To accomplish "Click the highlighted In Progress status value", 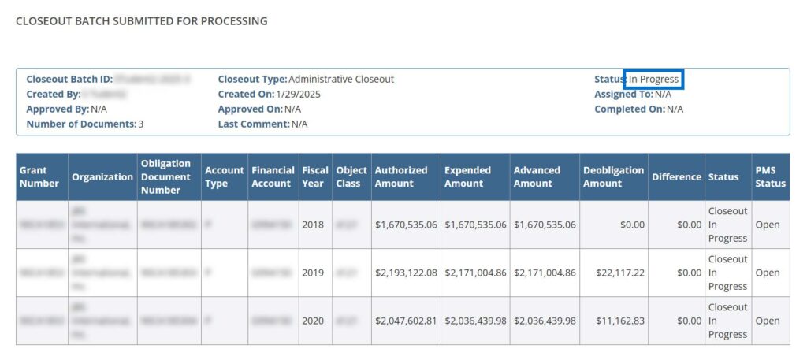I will [x=653, y=80].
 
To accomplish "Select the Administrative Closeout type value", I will [x=341, y=80].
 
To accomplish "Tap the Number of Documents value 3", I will [x=141, y=124].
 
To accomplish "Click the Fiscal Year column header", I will [x=314, y=176].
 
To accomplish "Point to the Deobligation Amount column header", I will [x=613, y=176].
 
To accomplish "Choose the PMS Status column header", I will [x=770, y=176].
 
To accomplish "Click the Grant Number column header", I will [x=39, y=176].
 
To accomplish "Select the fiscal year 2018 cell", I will [x=313, y=225].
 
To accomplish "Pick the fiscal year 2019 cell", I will [x=313, y=273].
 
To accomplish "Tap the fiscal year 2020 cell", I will [x=313, y=321].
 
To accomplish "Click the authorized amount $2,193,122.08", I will [x=406, y=273].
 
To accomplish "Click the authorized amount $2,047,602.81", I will [x=406, y=321].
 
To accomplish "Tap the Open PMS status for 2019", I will [x=768, y=273].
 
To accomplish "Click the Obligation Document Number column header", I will [x=166, y=176].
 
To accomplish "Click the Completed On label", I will [x=630, y=109].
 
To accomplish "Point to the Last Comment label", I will [x=254, y=124].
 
